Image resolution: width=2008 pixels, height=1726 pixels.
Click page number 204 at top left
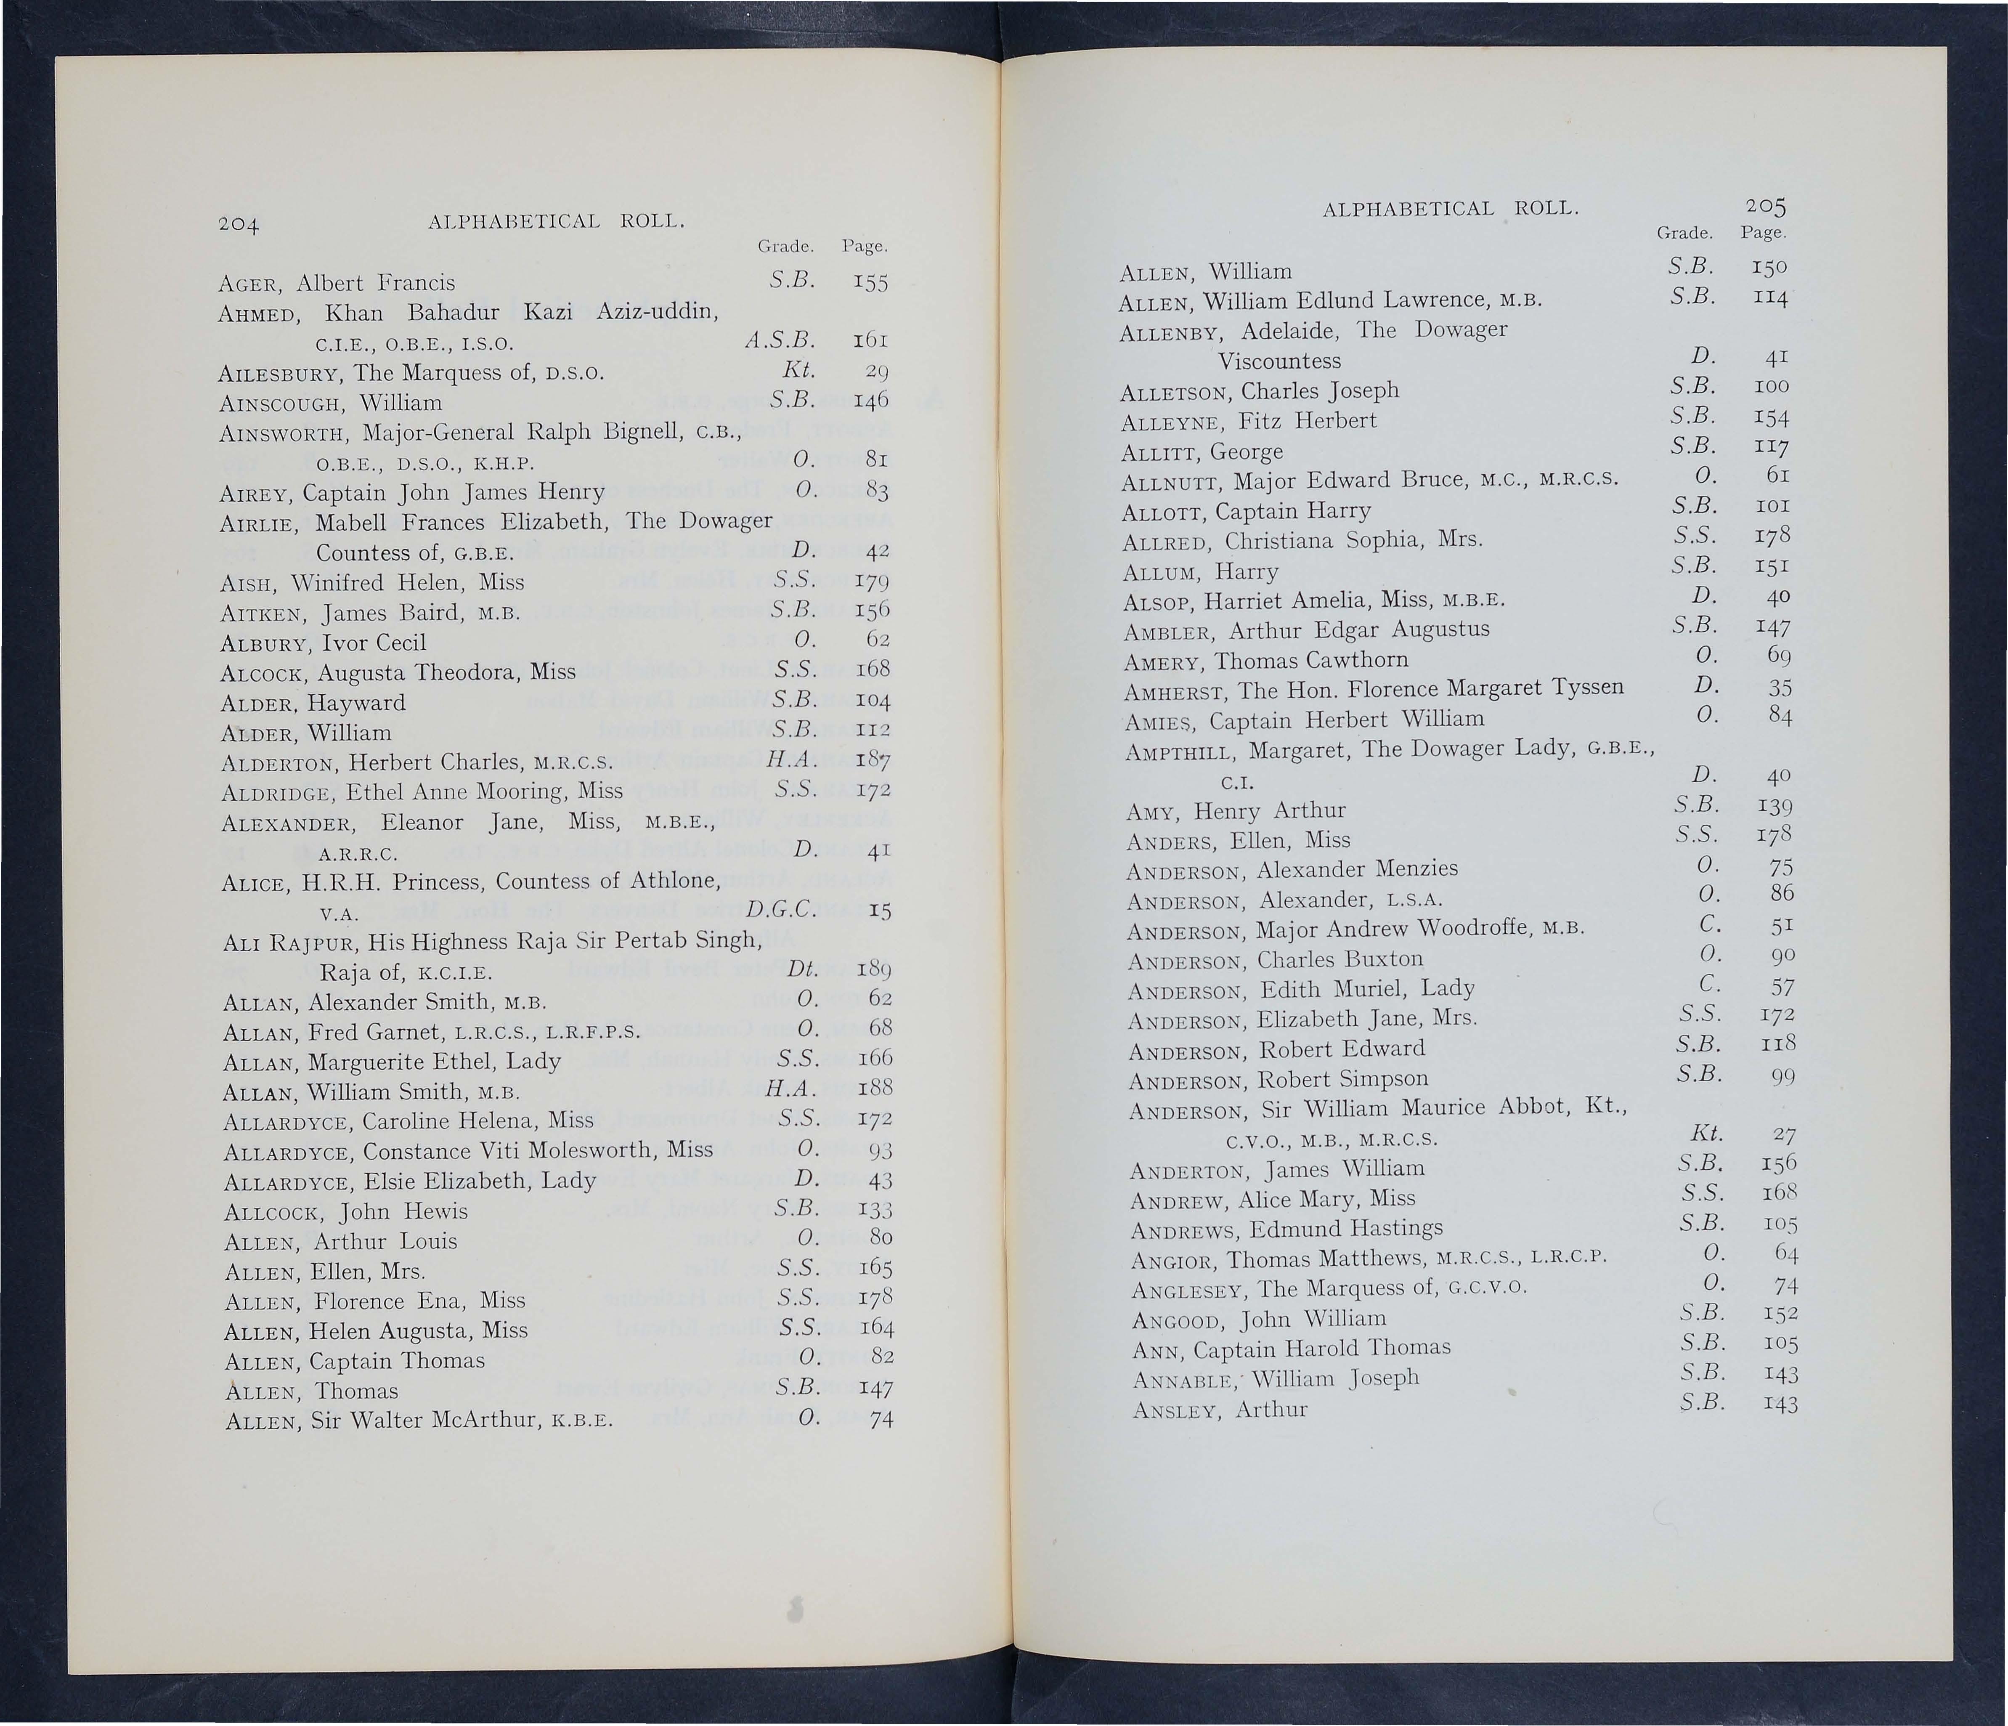(x=237, y=225)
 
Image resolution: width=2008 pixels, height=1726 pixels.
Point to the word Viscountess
(x=1279, y=361)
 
